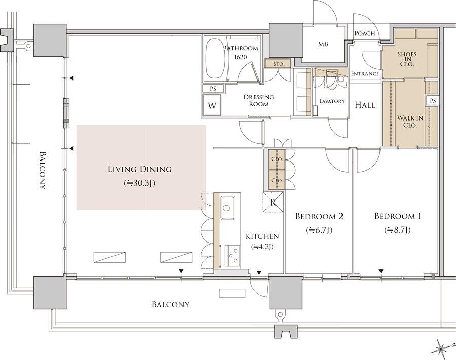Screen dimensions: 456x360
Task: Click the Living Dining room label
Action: click(140, 169)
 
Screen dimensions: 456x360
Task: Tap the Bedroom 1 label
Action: click(398, 216)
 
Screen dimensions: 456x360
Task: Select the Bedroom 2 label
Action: click(319, 216)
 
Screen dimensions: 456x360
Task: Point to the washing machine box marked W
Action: click(212, 105)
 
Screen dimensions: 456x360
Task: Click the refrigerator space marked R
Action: click(273, 202)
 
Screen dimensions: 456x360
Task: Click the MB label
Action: click(323, 45)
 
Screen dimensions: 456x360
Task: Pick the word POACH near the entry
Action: click(365, 34)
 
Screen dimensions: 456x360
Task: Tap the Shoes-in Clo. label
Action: click(407, 59)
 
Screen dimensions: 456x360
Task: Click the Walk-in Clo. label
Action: click(410, 122)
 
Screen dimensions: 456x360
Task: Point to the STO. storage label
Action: click(279, 64)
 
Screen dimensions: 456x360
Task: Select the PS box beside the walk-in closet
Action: click(433, 101)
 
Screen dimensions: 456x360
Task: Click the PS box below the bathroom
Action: click(213, 89)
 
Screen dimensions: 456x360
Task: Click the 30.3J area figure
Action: click(139, 183)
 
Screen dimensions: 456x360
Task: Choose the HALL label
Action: click(365, 105)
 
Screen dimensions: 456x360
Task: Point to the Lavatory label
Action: click(332, 101)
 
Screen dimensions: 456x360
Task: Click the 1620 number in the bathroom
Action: click(241, 57)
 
